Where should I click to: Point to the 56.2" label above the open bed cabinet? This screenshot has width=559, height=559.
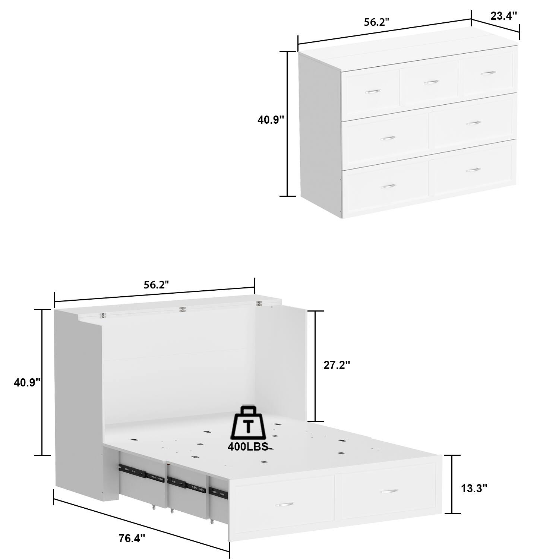tap(157, 285)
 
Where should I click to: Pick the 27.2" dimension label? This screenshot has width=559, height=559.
tap(337, 365)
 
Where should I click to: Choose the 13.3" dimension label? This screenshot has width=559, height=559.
tap(474, 488)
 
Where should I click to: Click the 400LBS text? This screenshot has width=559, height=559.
tap(248, 447)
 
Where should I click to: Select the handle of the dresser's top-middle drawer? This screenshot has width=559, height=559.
tap(431, 82)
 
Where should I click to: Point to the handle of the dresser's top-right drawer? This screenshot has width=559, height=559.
tap(488, 73)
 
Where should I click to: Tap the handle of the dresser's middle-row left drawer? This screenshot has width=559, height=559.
tap(388, 138)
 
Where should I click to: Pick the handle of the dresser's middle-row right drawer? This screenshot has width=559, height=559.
tap(474, 123)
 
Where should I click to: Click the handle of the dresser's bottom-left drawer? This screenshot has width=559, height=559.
tap(388, 186)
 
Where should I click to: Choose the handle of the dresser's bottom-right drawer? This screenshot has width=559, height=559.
tap(473, 170)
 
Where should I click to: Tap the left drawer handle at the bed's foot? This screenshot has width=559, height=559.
tap(284, 505)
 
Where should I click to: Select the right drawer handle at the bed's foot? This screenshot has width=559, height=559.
tap(389, 492)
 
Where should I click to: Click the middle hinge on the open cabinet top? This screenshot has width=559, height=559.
tap(182, 309)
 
